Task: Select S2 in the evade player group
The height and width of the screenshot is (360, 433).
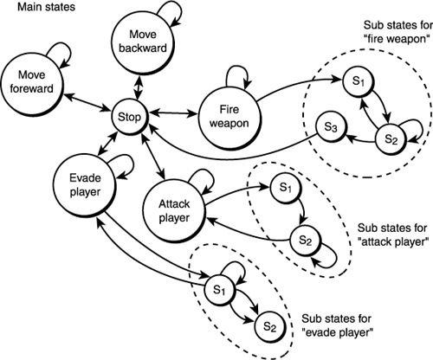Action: coord(268,326)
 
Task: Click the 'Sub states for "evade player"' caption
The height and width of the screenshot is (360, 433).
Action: coord(336,324)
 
